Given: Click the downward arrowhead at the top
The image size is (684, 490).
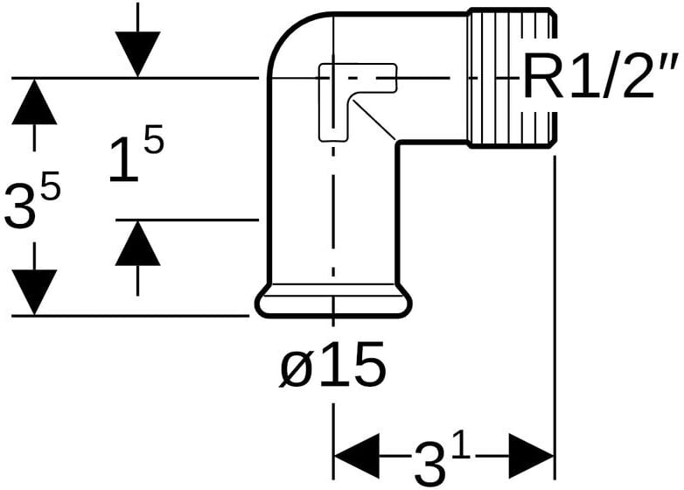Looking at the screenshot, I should (137, 53).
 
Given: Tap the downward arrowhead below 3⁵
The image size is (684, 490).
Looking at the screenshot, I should (34, 291).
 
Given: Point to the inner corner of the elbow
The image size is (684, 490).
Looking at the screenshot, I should (399, 142).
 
